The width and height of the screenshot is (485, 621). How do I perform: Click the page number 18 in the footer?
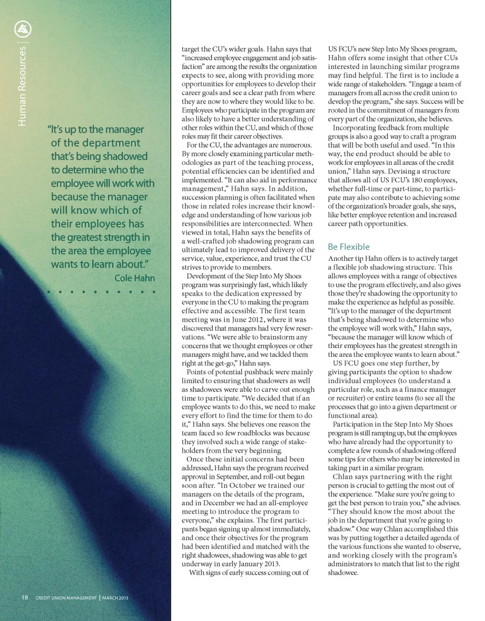point(24,597)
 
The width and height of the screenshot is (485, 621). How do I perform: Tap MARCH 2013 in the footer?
point(116,598)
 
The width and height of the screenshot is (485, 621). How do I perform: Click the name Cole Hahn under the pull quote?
point(134,278)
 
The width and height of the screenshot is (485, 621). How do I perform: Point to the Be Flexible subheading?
point(349,247)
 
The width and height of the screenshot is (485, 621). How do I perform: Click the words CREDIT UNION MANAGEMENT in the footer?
point(66,598)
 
